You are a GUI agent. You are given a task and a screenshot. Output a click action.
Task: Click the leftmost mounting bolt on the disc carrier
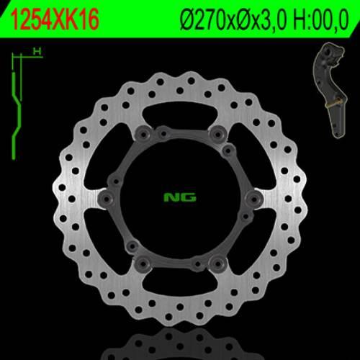tap(106, 197)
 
